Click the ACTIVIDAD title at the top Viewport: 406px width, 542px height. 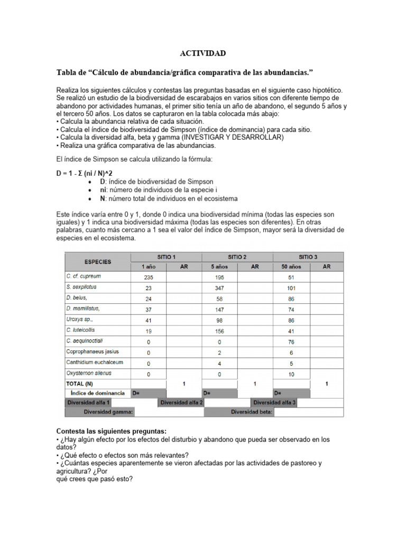click(203, 53)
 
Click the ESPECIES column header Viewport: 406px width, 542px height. click(98, 261)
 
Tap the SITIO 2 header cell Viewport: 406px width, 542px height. click(238, 257)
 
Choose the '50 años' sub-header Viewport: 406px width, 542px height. click(291, 267)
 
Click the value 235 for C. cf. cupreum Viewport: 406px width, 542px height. click(148, 277)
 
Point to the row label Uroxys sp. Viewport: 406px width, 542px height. click(79, 320)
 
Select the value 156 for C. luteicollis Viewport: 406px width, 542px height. click(220, 330)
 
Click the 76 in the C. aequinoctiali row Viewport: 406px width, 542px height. click(291, 341)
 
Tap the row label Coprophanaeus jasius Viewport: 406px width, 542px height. click(93, 351)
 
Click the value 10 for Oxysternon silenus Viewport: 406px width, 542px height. click(291, 374)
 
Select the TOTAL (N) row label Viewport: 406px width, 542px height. click(79, 383)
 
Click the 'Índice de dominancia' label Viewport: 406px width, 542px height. click(98, 393)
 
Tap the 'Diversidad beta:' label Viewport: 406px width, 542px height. click(252, 412)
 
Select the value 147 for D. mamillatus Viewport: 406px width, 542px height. click(220, 309)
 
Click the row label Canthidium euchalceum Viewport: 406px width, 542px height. click(95, 363)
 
